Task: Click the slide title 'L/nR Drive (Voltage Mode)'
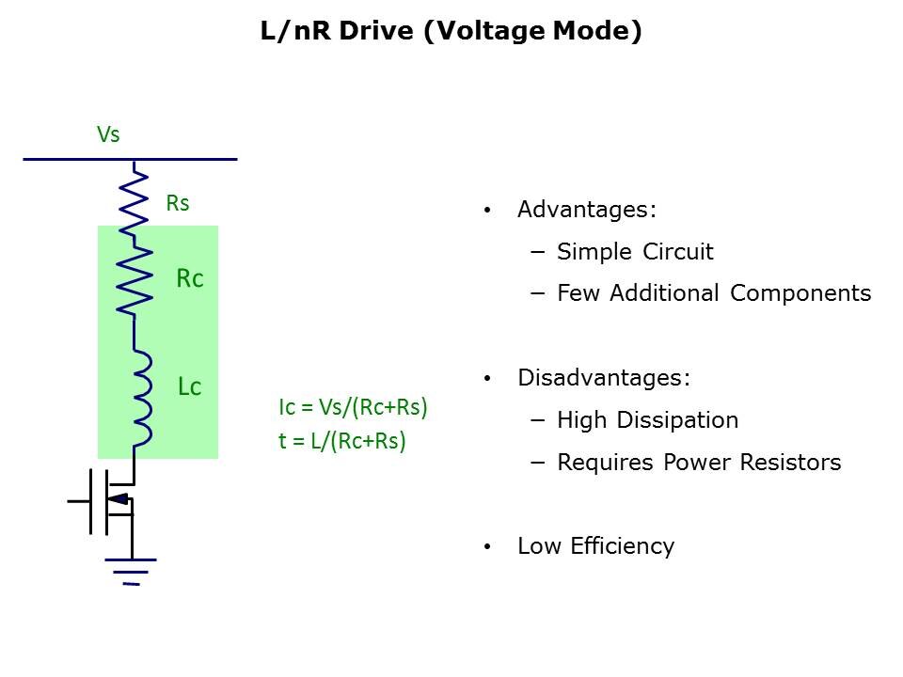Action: coord(451,32)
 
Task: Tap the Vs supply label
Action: coord(108,134)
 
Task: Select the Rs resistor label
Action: coord(178,203)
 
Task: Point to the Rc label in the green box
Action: coord(190,278)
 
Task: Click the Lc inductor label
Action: coord(190,386)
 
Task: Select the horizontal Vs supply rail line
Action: coord(130,159)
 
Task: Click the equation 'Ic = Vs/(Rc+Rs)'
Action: coord(353,407)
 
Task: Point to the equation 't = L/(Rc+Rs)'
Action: coord(341,441)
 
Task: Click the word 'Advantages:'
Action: coord(587,210)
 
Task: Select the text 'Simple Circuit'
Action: coord(635,252)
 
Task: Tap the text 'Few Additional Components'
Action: coord(714,293)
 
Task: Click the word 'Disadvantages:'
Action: coord(604,378)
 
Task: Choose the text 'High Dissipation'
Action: coord(647,420)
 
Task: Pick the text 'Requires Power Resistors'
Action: coord(699,463)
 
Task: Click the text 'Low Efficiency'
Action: coord(595,546)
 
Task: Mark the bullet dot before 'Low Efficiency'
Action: coord(486,546)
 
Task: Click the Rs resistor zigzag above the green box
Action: coord(137,196)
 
